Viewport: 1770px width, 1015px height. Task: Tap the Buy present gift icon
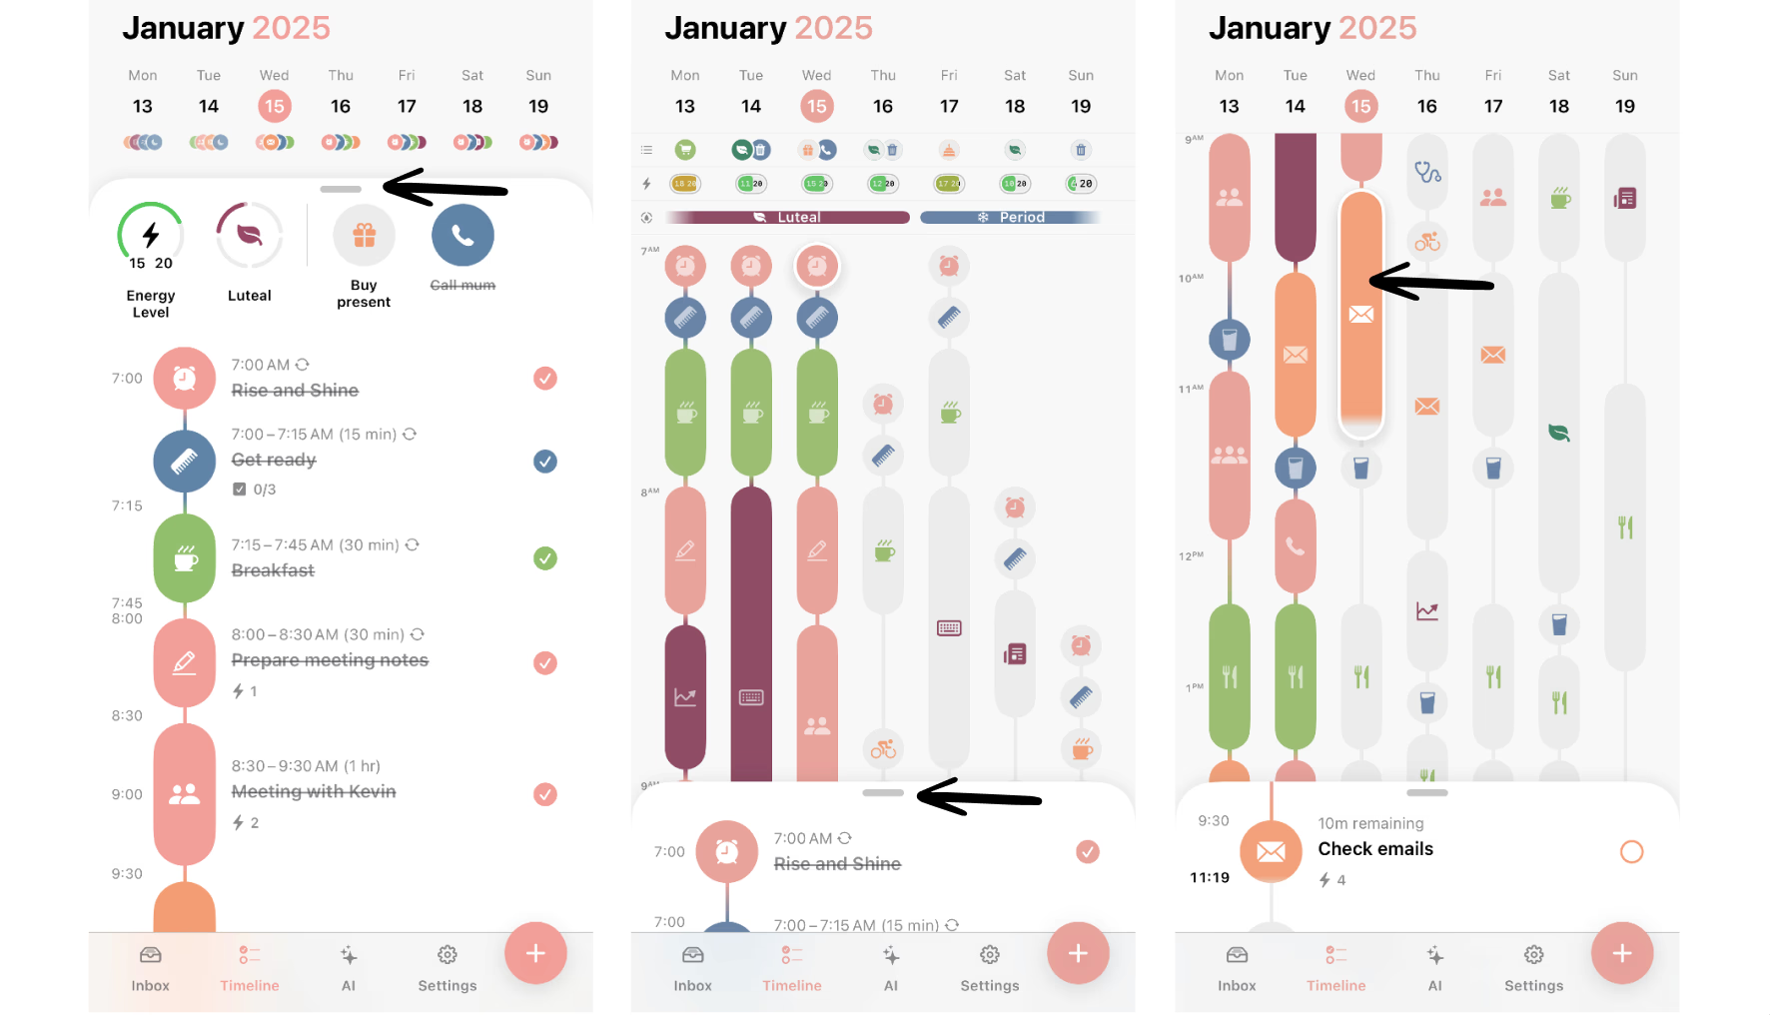(364, 236)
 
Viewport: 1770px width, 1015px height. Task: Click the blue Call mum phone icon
(462, 236)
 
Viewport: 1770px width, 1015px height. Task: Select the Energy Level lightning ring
(151, 236)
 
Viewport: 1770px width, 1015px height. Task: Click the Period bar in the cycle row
(1010, 217)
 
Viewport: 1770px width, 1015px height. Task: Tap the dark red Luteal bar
(788, 217)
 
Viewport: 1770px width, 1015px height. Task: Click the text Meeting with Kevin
(314, 791)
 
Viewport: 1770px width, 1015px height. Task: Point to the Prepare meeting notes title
(330, 660)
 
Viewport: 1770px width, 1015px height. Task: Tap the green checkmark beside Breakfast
(545, 558)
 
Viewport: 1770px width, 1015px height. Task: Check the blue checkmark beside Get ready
(545, 462)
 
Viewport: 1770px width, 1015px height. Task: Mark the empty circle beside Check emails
(1631, 852)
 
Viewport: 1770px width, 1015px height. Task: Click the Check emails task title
(1375, 849)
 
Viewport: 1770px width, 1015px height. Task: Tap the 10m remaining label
(1370, 823)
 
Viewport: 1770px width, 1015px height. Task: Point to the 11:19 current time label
(1210, 877)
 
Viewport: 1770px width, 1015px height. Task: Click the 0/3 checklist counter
(264, 490)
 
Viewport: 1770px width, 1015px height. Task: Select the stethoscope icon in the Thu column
(1427, 173)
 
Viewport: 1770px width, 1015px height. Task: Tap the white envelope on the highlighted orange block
(1360, 315)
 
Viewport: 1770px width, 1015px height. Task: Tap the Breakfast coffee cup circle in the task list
(185, 558)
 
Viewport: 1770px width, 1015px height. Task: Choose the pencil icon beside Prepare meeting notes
(185, 662)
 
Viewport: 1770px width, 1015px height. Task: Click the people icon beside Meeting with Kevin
(185, 794)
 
